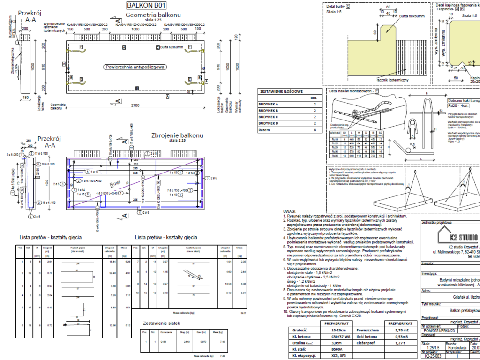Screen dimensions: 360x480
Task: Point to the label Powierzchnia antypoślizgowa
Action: point(135,67)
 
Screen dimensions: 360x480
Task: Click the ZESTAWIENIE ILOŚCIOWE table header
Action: point(281,92)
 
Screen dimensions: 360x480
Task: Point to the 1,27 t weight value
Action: point(400,343)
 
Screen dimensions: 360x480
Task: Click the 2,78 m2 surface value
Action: point(400,330)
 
